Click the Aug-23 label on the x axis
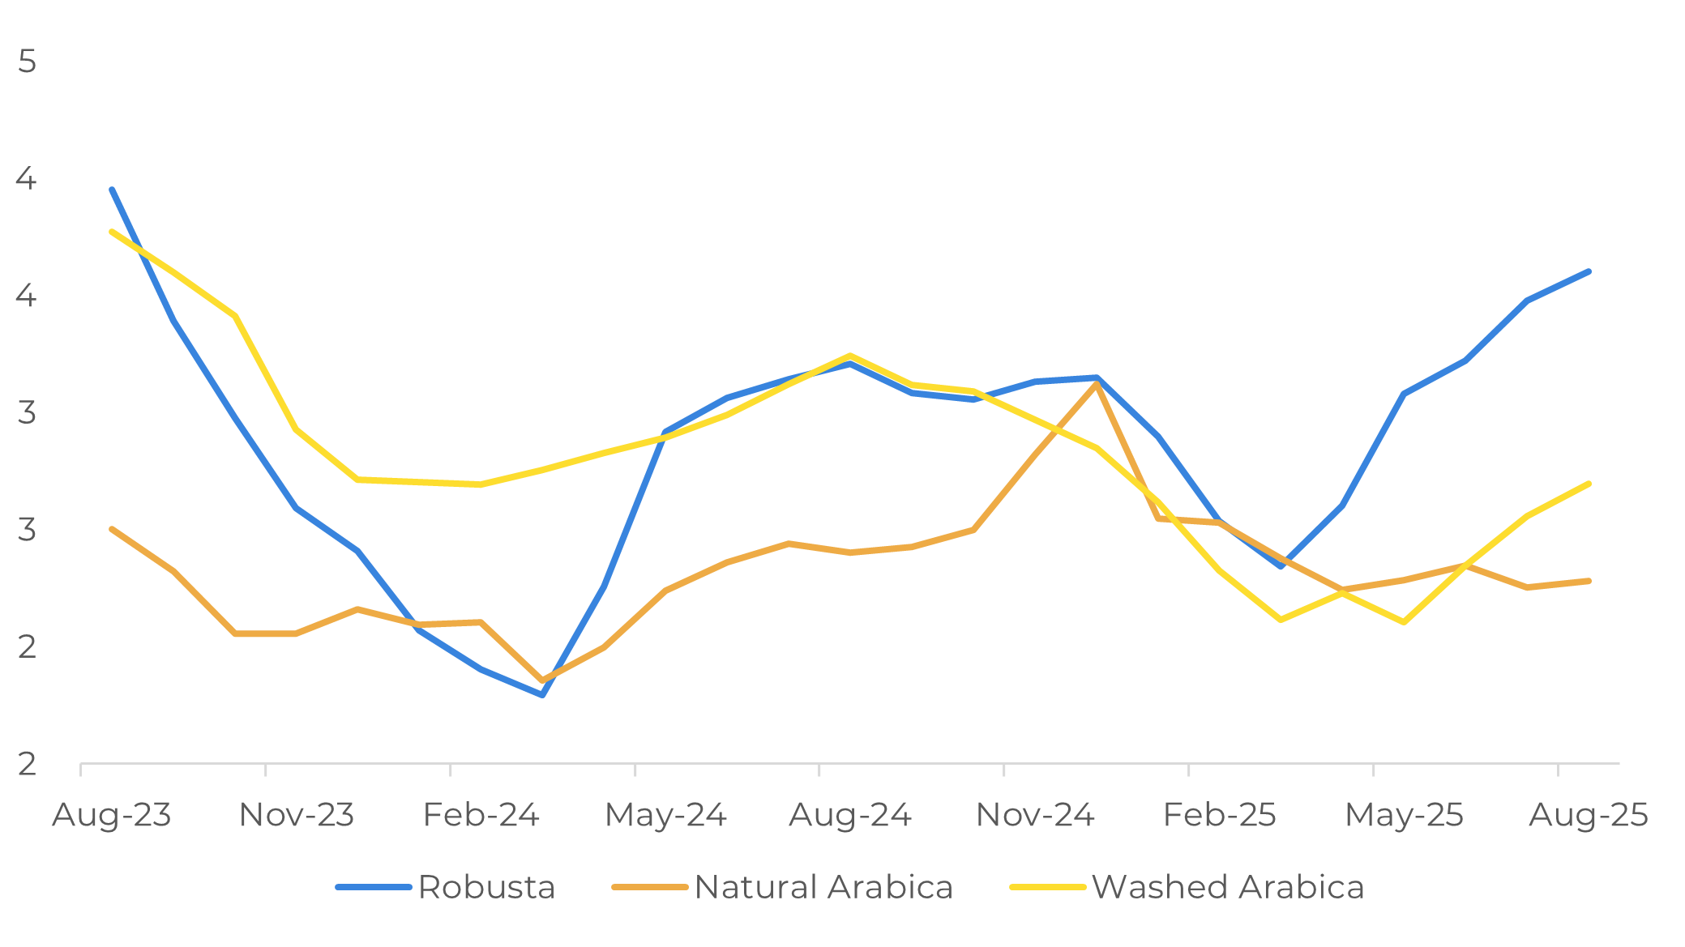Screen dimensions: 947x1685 tap(112, 815)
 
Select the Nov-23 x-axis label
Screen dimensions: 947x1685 tap(297, 815)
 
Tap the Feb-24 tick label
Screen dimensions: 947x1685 tap(481, 815)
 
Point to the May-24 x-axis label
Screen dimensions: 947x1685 tap(665, 815)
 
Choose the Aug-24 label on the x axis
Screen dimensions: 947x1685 tap(850, 815)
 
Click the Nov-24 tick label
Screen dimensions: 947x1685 tap(1035, 815)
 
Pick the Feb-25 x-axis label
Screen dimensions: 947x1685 tap(1219, 815)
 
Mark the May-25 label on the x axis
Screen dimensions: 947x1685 tap(1404, 815)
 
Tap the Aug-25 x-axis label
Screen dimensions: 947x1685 tap(1589, 815)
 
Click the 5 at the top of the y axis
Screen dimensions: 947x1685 tap(27, 62)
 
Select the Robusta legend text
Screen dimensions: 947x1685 tap(486, 887)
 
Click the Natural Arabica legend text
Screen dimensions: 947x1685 tap(823, 887)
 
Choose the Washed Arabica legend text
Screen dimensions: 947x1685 tap(1228, 887)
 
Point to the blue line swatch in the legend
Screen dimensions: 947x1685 tap(374, 888)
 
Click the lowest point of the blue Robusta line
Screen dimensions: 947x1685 tap(542, 694)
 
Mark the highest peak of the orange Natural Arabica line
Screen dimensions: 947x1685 tap(1096, 383)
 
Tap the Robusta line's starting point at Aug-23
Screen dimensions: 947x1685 tap(112, 189)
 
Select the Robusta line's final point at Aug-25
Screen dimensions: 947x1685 tap(1589, 271)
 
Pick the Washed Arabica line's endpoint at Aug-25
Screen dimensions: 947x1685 tap(1589, 484)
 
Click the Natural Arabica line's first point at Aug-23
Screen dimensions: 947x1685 tap(112, 529)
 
